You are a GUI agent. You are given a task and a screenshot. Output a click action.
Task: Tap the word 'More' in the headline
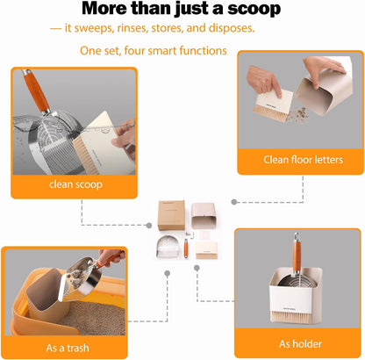coord(111,10)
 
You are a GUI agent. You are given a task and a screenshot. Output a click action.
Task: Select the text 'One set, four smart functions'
coord(154,51)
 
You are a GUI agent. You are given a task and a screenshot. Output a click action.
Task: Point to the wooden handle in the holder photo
coord(297,259)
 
